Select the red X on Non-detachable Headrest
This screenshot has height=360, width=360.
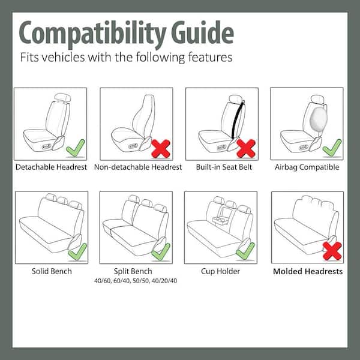[x=160, y=147]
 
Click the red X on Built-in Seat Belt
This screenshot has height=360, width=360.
[x=245, y=148]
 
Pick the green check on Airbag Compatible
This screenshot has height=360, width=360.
[x=331, y=146]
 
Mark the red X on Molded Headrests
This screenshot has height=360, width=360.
[x=332, y=250]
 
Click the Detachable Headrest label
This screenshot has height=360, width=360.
[x=52, y=167]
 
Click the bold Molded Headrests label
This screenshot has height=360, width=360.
[x=308, y=271]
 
